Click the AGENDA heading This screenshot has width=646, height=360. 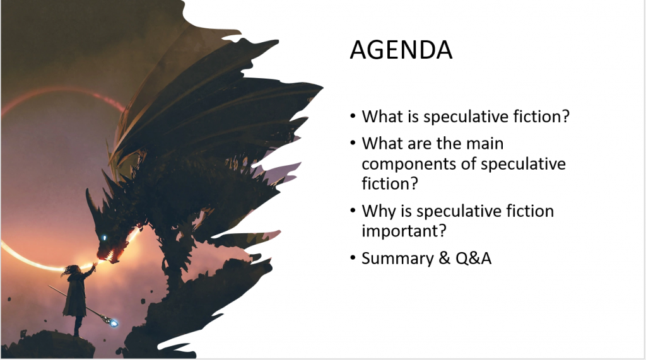pyautogui.click(x=401, y=50)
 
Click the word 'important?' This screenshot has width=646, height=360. pyautogui.click(x=404, y=231)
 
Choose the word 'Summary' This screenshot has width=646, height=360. pyautogui.click(x=397, y=258)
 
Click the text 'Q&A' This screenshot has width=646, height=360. pyautogui.click(x=473, y=258)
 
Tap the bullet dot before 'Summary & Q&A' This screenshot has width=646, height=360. pyautogui.click(x=353, y=258)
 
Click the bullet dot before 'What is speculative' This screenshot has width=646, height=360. pyautogui.click(x=353, y=116)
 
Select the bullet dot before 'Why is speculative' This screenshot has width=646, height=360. pyautogui.click(x=353, y=211)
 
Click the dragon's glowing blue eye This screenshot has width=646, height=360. pyautogui.click(x=104, y=238)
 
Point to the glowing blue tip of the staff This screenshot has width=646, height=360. pyautogui.click(x=114, y=323)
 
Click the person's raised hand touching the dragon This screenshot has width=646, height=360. pyautogui.click(x=95, y=265)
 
